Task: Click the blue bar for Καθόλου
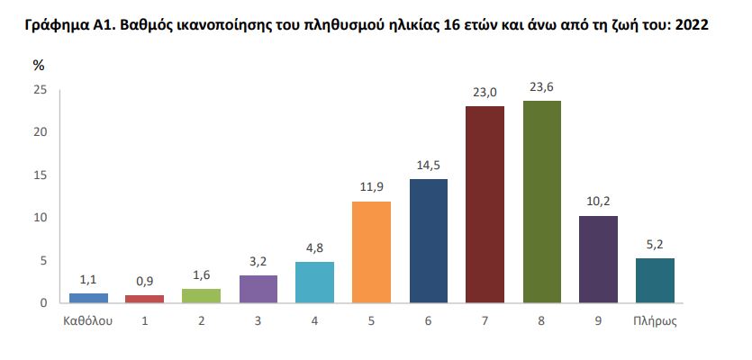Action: coord(88,298)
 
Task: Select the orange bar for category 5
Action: coord(371,252)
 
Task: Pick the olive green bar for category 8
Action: coord(542,202)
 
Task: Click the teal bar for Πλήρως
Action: coord(655,281)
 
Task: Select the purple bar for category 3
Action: coord(258,289)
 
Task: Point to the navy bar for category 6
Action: coord(428,240)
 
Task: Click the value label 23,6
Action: coord(542,88)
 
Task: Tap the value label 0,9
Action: coord(145,283)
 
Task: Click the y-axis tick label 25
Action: coord(39,90)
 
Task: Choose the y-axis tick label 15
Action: coord(39,175)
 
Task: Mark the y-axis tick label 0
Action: coord(42,303)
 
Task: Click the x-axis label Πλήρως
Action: coord(655,320)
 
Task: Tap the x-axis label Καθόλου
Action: coord(88,320)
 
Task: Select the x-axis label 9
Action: coord(599,320)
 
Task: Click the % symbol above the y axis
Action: coord(39,66)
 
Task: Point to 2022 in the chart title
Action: coord(691,24)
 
